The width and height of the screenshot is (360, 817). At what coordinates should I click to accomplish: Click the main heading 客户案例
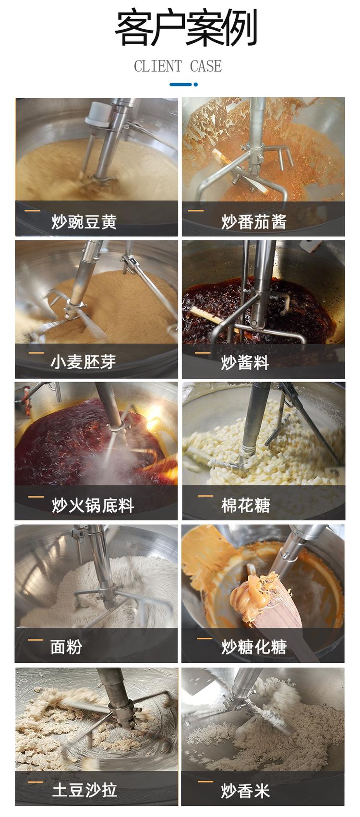point(186,28)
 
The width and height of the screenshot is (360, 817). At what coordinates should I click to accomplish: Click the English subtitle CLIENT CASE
point(178,66)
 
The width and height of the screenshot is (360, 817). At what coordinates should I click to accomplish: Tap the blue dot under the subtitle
point(195,84)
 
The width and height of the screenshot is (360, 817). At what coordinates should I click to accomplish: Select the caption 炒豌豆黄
point(84,221)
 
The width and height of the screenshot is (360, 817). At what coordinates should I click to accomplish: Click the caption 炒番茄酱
point(254,221)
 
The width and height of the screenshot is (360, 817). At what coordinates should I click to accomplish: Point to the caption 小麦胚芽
point(83,362)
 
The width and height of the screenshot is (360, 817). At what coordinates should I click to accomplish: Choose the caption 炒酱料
point(245,362)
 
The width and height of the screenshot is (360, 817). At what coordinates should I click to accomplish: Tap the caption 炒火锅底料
point(93,505)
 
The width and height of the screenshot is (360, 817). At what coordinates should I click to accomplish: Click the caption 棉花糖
point(245,505)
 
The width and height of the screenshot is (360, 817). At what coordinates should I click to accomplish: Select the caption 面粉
point(66,647)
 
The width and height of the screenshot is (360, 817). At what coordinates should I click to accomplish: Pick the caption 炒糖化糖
point(254,647)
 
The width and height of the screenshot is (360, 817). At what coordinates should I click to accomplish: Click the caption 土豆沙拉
point(84,790)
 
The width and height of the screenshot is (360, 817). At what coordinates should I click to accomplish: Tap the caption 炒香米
point(245,791)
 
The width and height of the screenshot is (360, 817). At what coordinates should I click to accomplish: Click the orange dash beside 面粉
point(36,640)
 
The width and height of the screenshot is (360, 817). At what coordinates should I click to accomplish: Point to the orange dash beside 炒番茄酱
point(195,210)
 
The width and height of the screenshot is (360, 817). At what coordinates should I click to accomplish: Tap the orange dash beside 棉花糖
point(205,496)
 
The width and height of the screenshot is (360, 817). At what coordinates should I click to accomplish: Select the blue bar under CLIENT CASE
point(180,84)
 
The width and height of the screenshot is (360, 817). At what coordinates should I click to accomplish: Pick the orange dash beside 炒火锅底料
point(36,497)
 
